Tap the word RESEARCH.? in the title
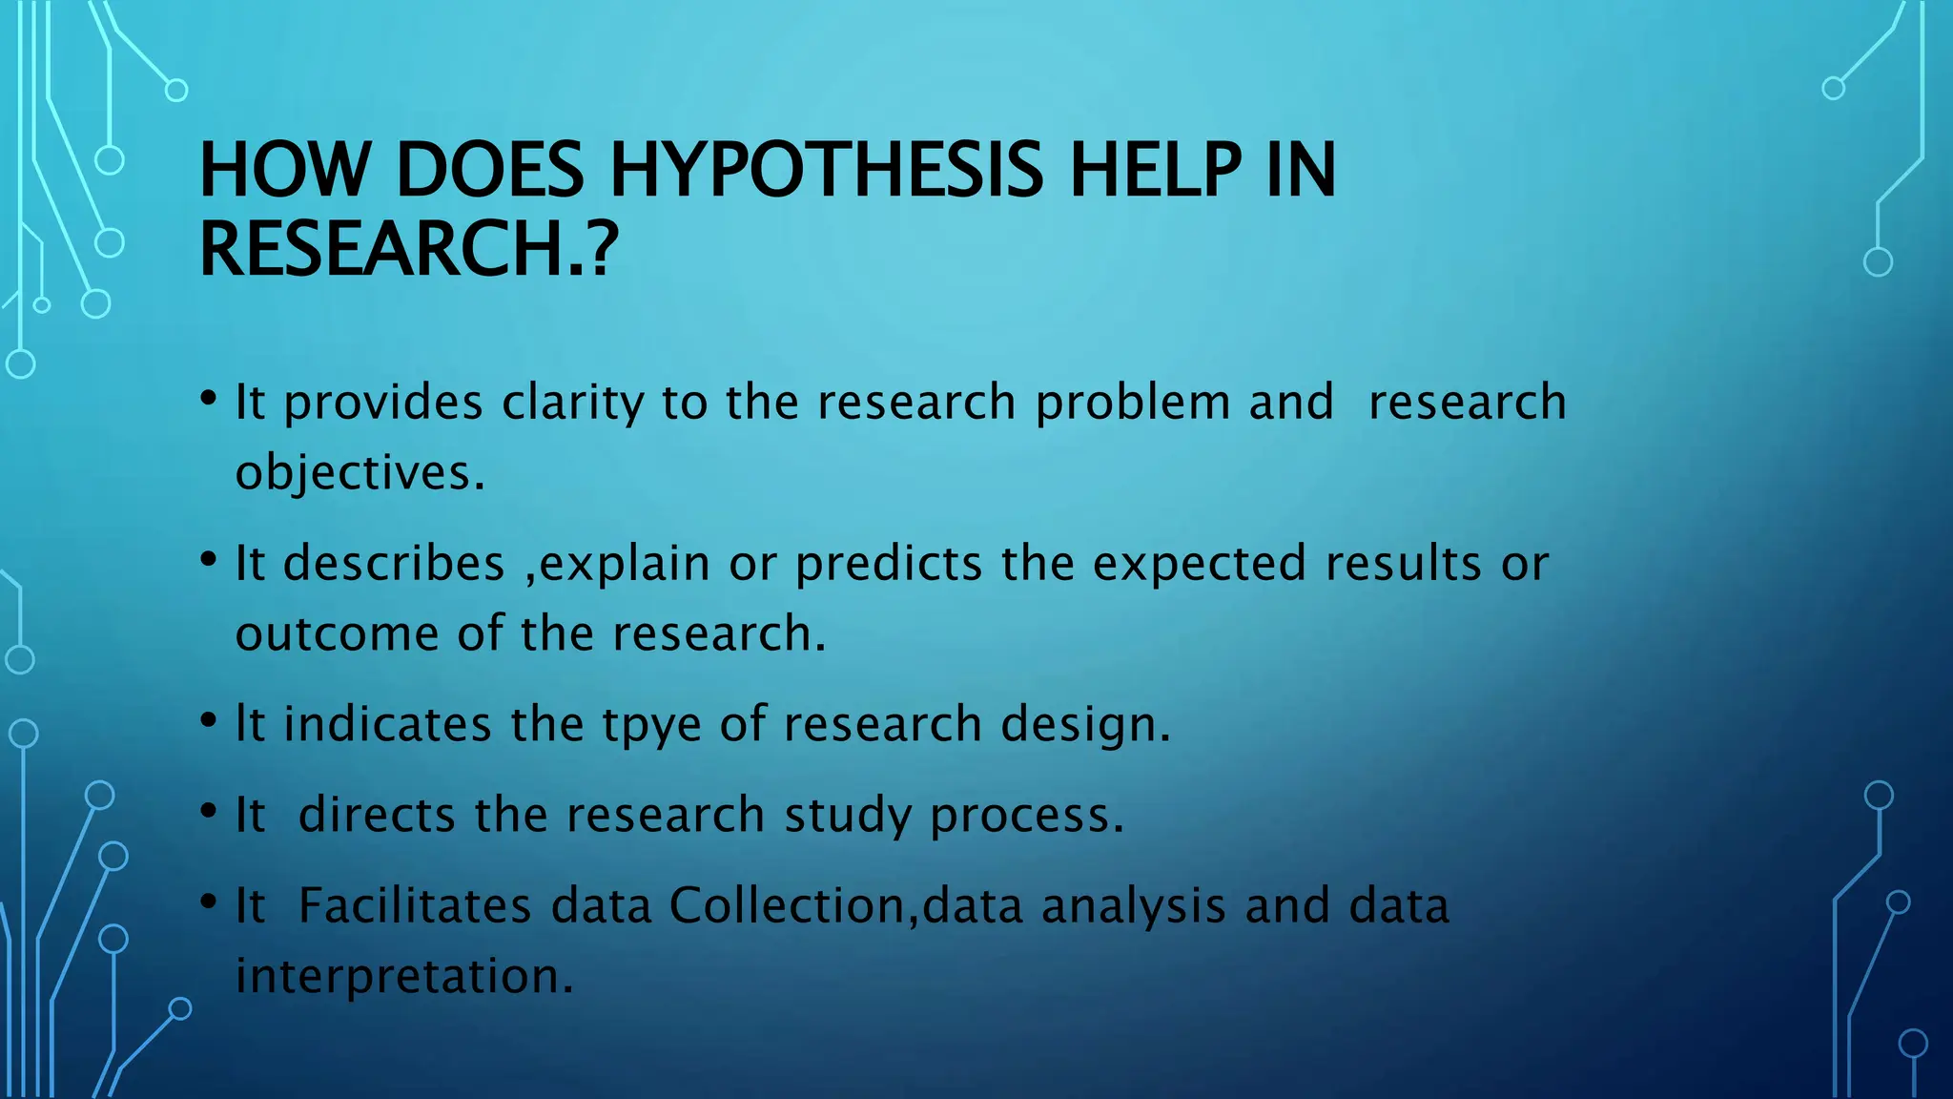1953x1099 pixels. (x=409, y=248)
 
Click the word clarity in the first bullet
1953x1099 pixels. (x=573, y=403)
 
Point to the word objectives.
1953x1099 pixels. (x=360, y=473)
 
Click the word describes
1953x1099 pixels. (x=394, y=563)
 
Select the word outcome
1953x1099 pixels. (x=336, y=634)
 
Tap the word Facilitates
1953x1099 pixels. (x=415, y=905)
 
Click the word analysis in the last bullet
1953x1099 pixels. (x=1133, y=907)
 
